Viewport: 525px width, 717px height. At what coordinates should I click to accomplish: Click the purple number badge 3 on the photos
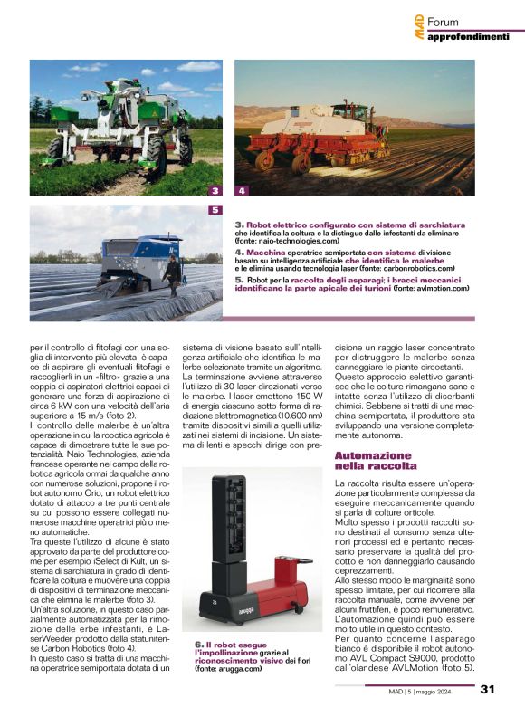(215, 191)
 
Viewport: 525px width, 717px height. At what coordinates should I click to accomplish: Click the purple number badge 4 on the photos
(242, 191)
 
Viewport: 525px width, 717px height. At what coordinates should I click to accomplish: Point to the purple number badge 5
(215, 209)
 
